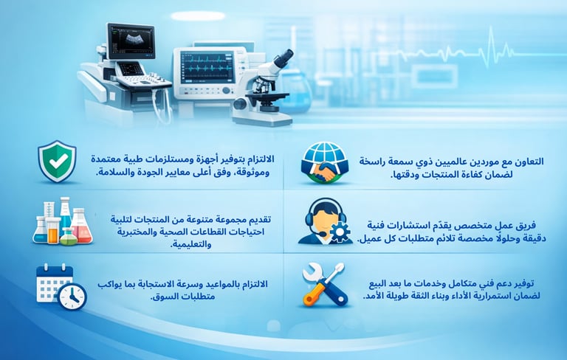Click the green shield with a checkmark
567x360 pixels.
pos(57,162)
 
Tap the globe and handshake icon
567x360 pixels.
pos(324,162)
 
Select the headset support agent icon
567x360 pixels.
pos(325,221)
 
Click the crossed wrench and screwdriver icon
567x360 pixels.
pos(324,285)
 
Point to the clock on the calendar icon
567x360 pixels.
pos(72,297)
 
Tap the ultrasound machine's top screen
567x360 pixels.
pos(131,41)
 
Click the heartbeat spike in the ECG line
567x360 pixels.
pos(490,47)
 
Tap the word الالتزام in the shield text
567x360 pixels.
pos(259,159)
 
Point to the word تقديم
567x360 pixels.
pos(259,219)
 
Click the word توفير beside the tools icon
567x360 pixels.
pos(524,284)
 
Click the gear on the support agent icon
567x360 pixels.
pos(340,232)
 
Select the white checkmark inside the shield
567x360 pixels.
pos(58,162)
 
